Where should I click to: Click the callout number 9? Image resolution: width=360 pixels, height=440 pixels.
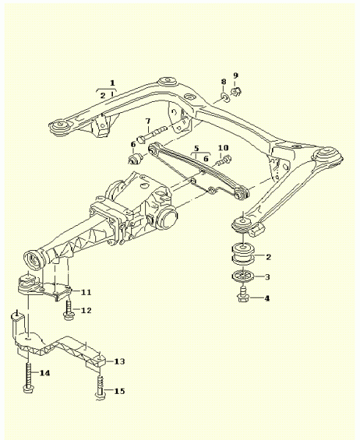tap(235, 76)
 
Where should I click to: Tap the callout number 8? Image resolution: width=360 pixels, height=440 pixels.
tap(224, 81)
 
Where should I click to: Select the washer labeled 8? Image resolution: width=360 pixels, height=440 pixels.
tap(225, 97)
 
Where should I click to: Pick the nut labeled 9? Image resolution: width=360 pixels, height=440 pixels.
tap(236, 92)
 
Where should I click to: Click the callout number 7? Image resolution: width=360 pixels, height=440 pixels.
tap(147, 121)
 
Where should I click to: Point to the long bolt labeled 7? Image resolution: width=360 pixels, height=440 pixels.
tap(153, 134)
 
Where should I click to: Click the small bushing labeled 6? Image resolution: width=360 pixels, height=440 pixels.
tap(136, 159)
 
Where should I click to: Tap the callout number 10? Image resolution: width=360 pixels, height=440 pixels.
tap(224, 147)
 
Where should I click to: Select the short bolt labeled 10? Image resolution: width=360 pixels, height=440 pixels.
tap(224, 161)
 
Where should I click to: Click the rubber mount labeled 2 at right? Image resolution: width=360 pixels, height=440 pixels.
tap(243, 254)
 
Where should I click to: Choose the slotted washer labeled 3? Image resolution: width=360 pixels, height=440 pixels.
tap(243, 276)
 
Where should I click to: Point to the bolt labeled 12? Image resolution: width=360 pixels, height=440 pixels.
tap(68, 310)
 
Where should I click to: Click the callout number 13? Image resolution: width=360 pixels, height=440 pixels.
tap(120, 362)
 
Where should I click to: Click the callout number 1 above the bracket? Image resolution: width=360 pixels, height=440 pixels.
tap(112, 83)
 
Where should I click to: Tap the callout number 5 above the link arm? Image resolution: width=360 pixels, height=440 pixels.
tap(196, 148)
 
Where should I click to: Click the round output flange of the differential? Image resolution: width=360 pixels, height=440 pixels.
tap(166, 218)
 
